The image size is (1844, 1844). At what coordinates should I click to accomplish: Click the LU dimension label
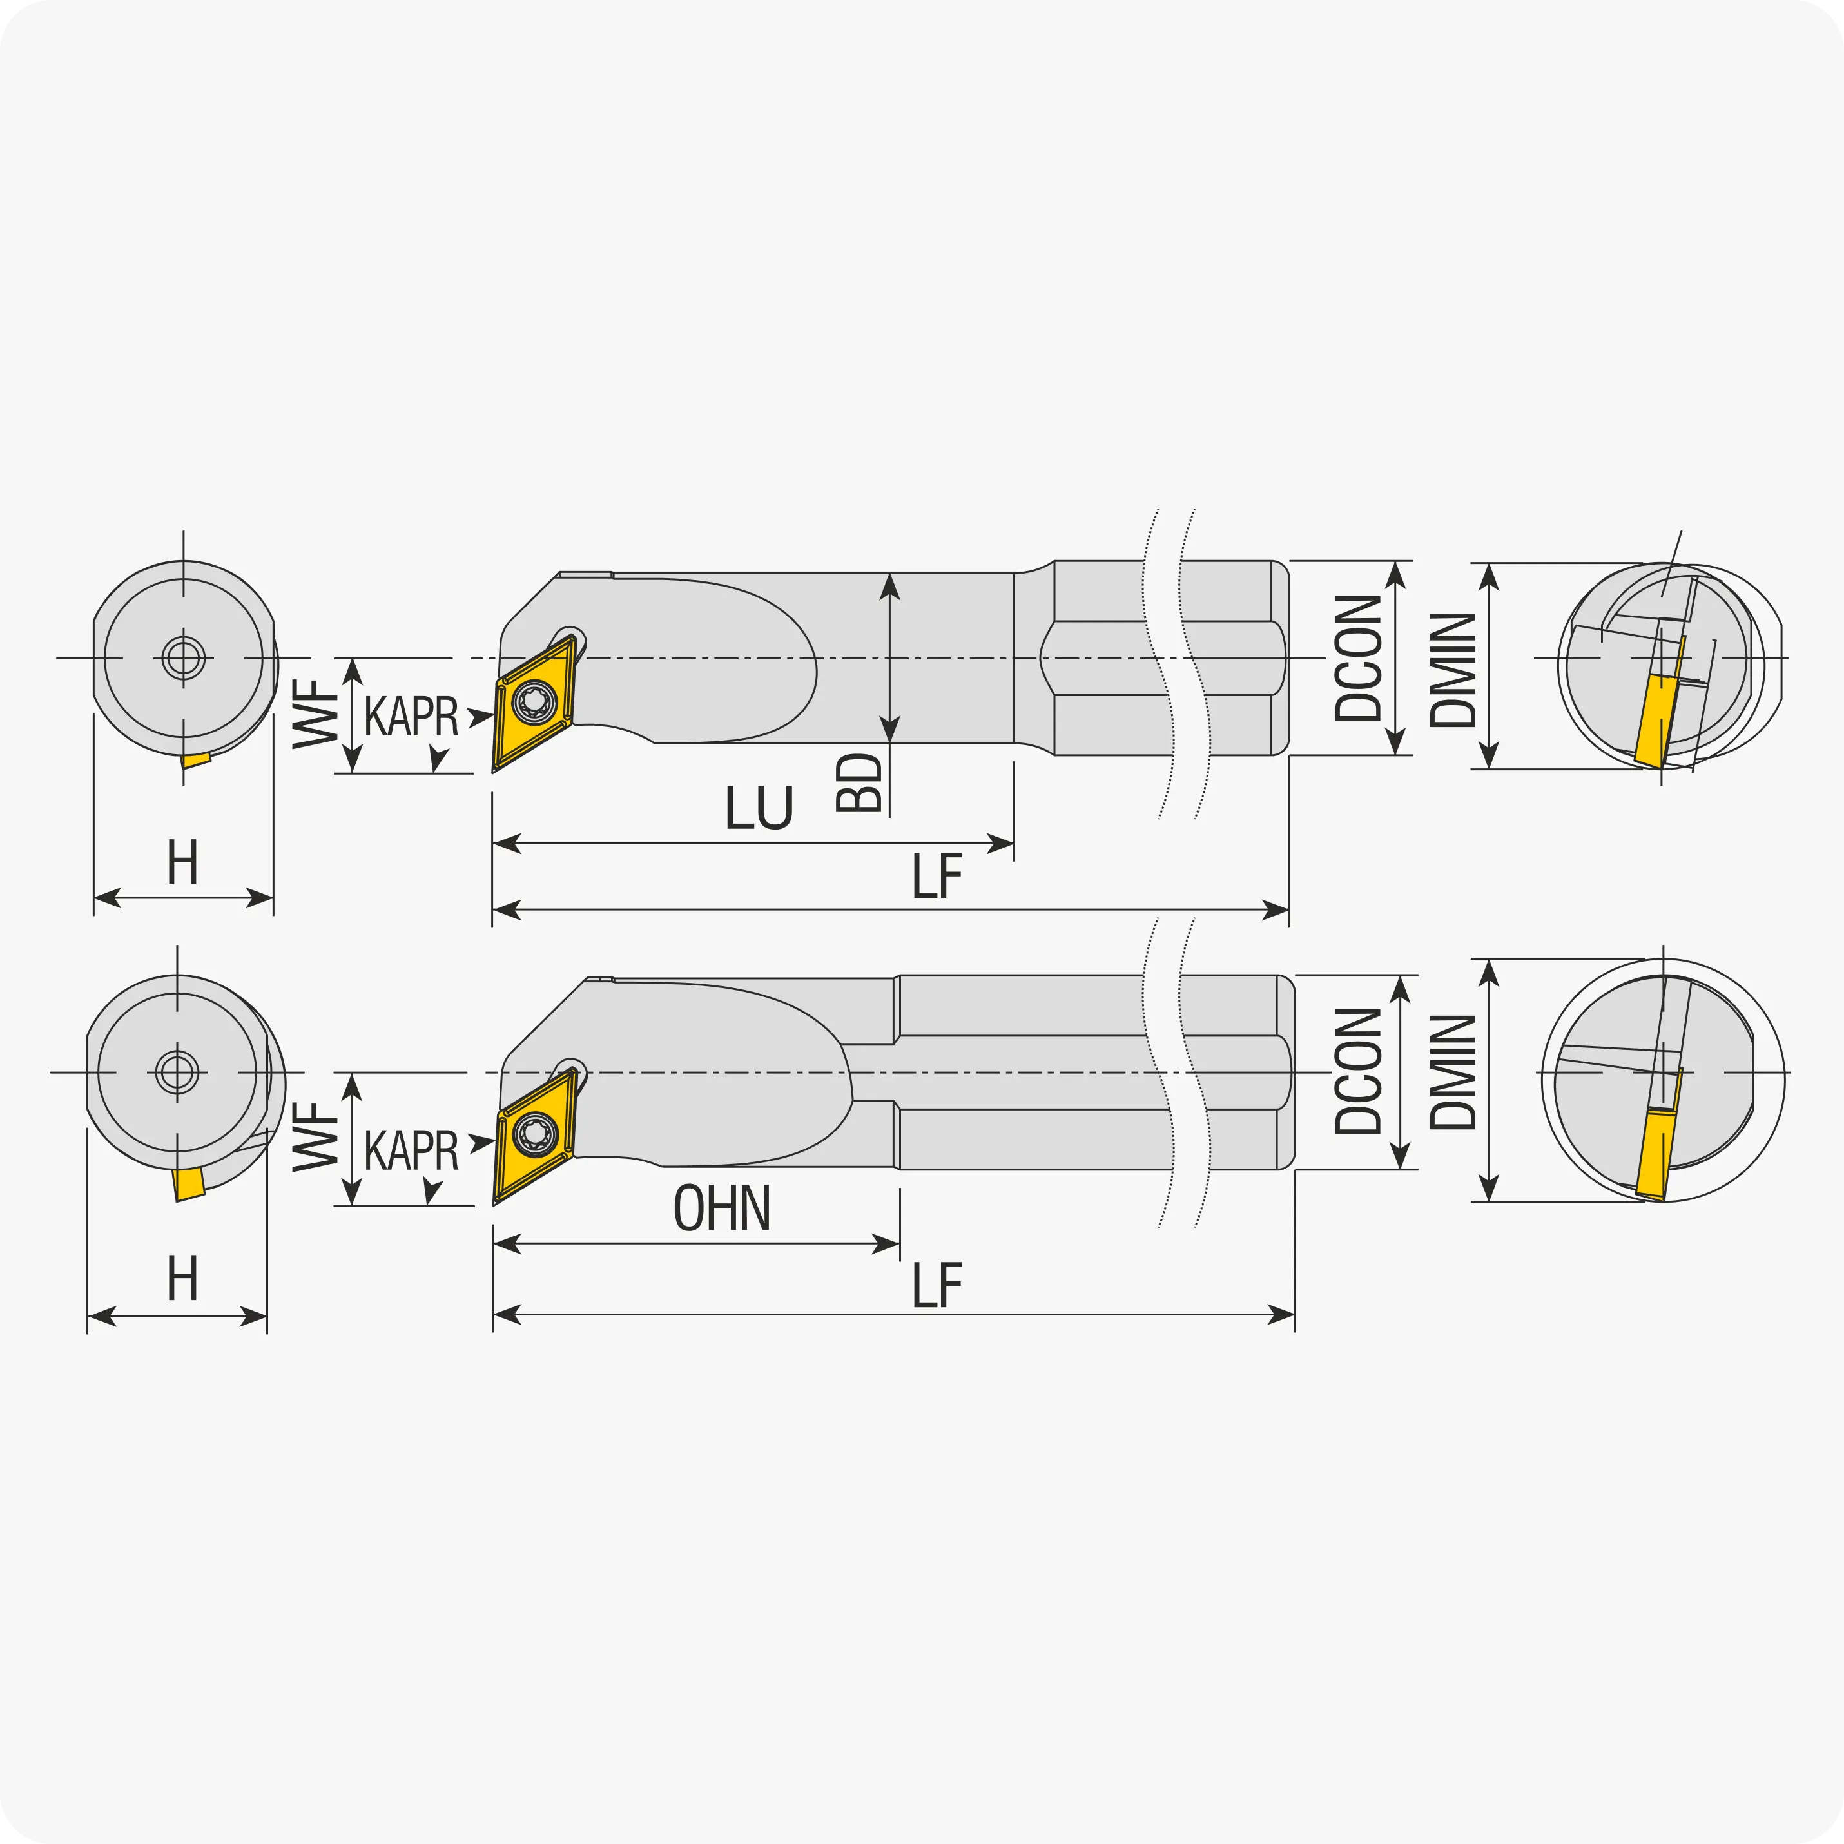pyautogui.click(x=759, y=808)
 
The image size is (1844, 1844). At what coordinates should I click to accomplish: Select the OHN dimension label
pyautogui.click(x=722, y=1208)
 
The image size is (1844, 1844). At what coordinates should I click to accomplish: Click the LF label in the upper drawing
pyautogui.click(x=937, y=876)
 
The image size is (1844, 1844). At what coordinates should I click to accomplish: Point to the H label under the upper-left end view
pyautogui.click(x=182, y=863)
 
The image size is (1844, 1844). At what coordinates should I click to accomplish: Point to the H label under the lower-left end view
pyautogui.click(x=182, y=1279)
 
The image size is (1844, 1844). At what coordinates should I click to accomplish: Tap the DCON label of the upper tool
pyautogui.click(x=1358, y=659)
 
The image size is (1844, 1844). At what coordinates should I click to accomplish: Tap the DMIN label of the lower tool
pyautogui.click(x=1453, y=1072)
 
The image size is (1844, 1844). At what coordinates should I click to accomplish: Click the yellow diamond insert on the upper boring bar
pyautogui.click(x=534, y=703)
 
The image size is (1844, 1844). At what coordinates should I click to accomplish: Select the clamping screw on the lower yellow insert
pyautogui.click(x=534, y=1134)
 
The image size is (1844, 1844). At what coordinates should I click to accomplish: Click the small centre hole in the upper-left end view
pyautogui.click(x=183, y=657)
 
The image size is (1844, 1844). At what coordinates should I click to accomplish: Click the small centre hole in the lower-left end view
pyautogui.click(x=177, y=1072)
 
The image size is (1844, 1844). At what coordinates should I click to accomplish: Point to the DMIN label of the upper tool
pyautogui.click(x=1453, y=670)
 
